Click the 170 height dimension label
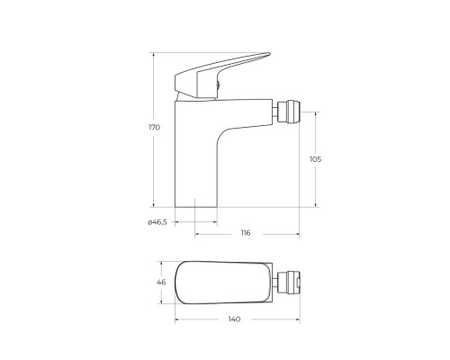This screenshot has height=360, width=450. (x=154, y=128)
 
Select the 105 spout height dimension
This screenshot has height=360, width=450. (x=315, y=159)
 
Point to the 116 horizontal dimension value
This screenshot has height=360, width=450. (x=246, y=233)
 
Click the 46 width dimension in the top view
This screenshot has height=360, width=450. (x=162, y=283)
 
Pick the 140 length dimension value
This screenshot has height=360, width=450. (x=235, y=319)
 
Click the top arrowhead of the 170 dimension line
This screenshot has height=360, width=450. (x=153, y=53)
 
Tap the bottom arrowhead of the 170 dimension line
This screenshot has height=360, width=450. (x=153, y=204)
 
